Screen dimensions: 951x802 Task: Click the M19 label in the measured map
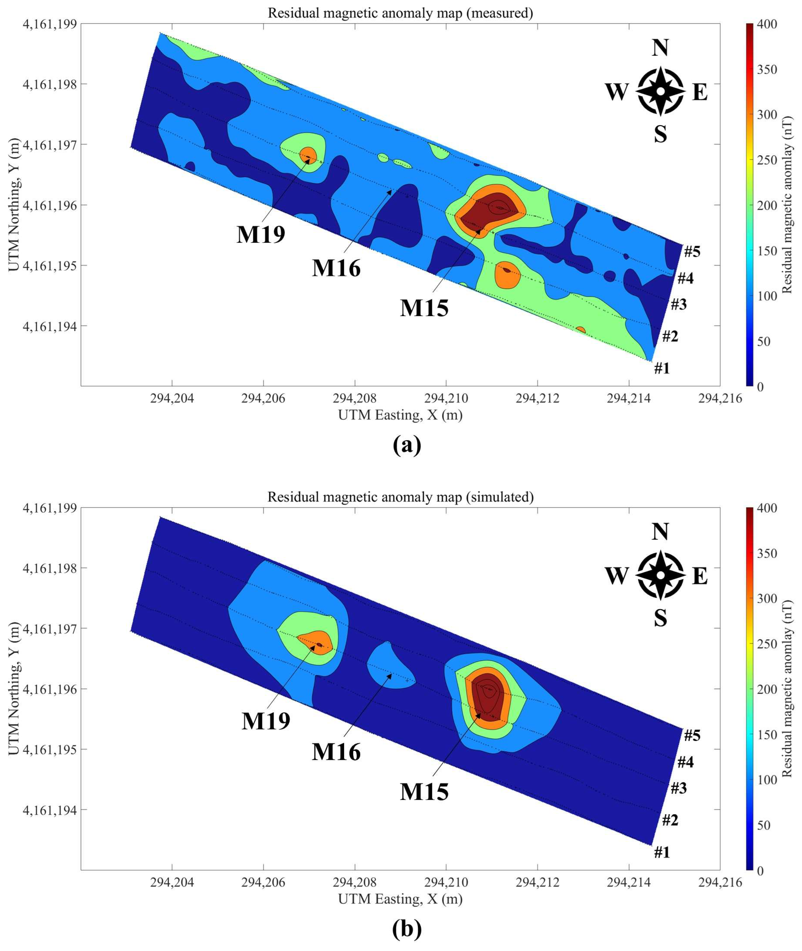261,235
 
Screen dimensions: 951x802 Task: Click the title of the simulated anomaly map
400,497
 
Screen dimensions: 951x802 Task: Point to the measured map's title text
400,13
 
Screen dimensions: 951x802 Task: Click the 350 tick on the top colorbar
766,70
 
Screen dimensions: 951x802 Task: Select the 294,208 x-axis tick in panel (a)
354,399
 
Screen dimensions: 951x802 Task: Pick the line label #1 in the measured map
662,368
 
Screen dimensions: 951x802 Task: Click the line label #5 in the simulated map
692,735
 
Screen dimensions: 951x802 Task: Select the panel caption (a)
407,445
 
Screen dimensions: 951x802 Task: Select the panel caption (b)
407,929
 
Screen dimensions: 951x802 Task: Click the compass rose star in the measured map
660,91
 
